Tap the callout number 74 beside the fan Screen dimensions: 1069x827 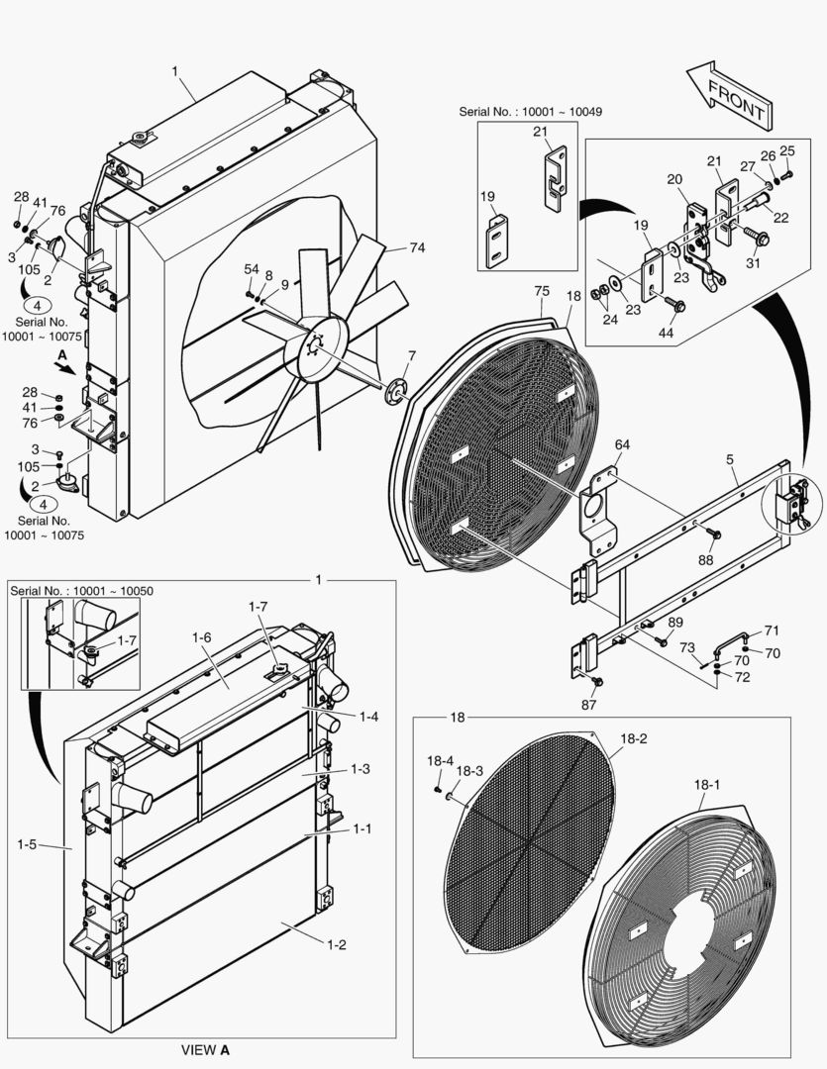(417, 248)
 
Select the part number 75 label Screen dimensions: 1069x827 (542, 291)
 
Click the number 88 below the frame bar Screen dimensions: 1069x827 (705, 559)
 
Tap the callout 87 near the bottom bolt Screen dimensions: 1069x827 (589, 705)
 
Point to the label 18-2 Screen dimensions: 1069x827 (634, 738)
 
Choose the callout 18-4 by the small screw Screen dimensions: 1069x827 (441, 760)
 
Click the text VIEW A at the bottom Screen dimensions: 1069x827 (205, 1049)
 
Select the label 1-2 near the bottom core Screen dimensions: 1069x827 (336, 945)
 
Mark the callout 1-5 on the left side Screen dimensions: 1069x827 (29, 844)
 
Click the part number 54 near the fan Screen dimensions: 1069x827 (252, 269)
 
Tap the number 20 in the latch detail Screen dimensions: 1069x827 (674, 179)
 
